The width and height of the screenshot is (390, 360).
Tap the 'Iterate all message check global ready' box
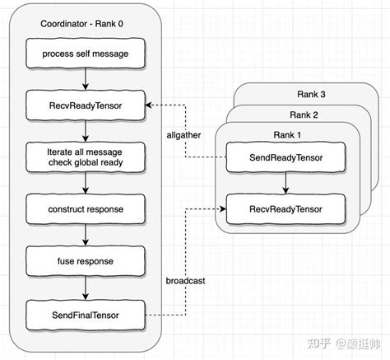point(86,157)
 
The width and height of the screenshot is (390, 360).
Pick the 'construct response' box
point(86,209)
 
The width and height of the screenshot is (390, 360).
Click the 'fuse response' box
point(86,260)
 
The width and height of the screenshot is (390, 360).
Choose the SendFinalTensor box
point(86,312)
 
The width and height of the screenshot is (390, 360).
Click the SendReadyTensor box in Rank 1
point(286,157)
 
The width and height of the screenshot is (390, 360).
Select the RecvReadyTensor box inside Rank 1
point(286,208)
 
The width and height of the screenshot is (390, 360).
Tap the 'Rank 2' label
point(304,114)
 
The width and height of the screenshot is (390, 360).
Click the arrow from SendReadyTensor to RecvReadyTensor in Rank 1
point(286,183)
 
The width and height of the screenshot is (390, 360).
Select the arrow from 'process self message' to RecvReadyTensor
point(86,79)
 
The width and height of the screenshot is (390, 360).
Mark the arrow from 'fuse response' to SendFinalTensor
point(86,287)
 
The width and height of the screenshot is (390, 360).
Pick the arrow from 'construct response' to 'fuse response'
point(86,235)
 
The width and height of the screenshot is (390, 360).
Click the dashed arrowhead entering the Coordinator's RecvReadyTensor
point(151,105)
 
